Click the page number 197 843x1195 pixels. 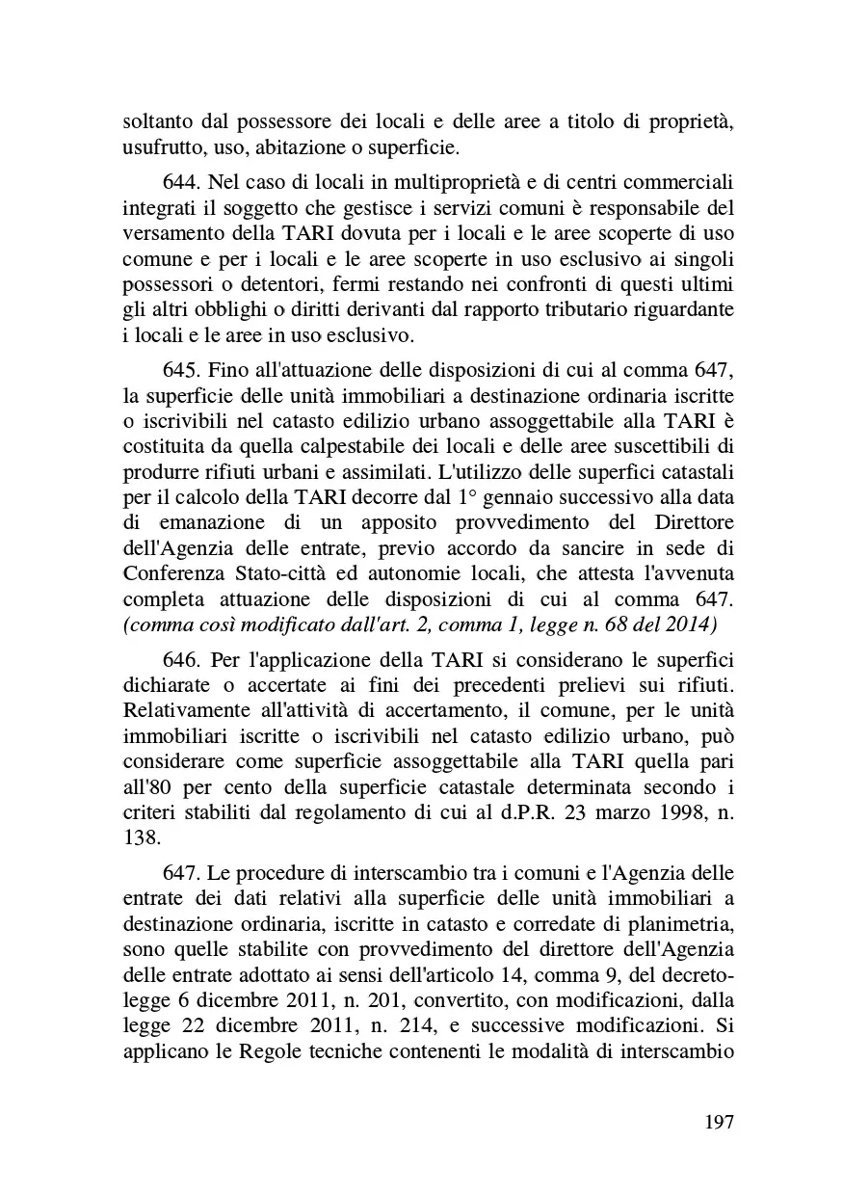pos(719,1122)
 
